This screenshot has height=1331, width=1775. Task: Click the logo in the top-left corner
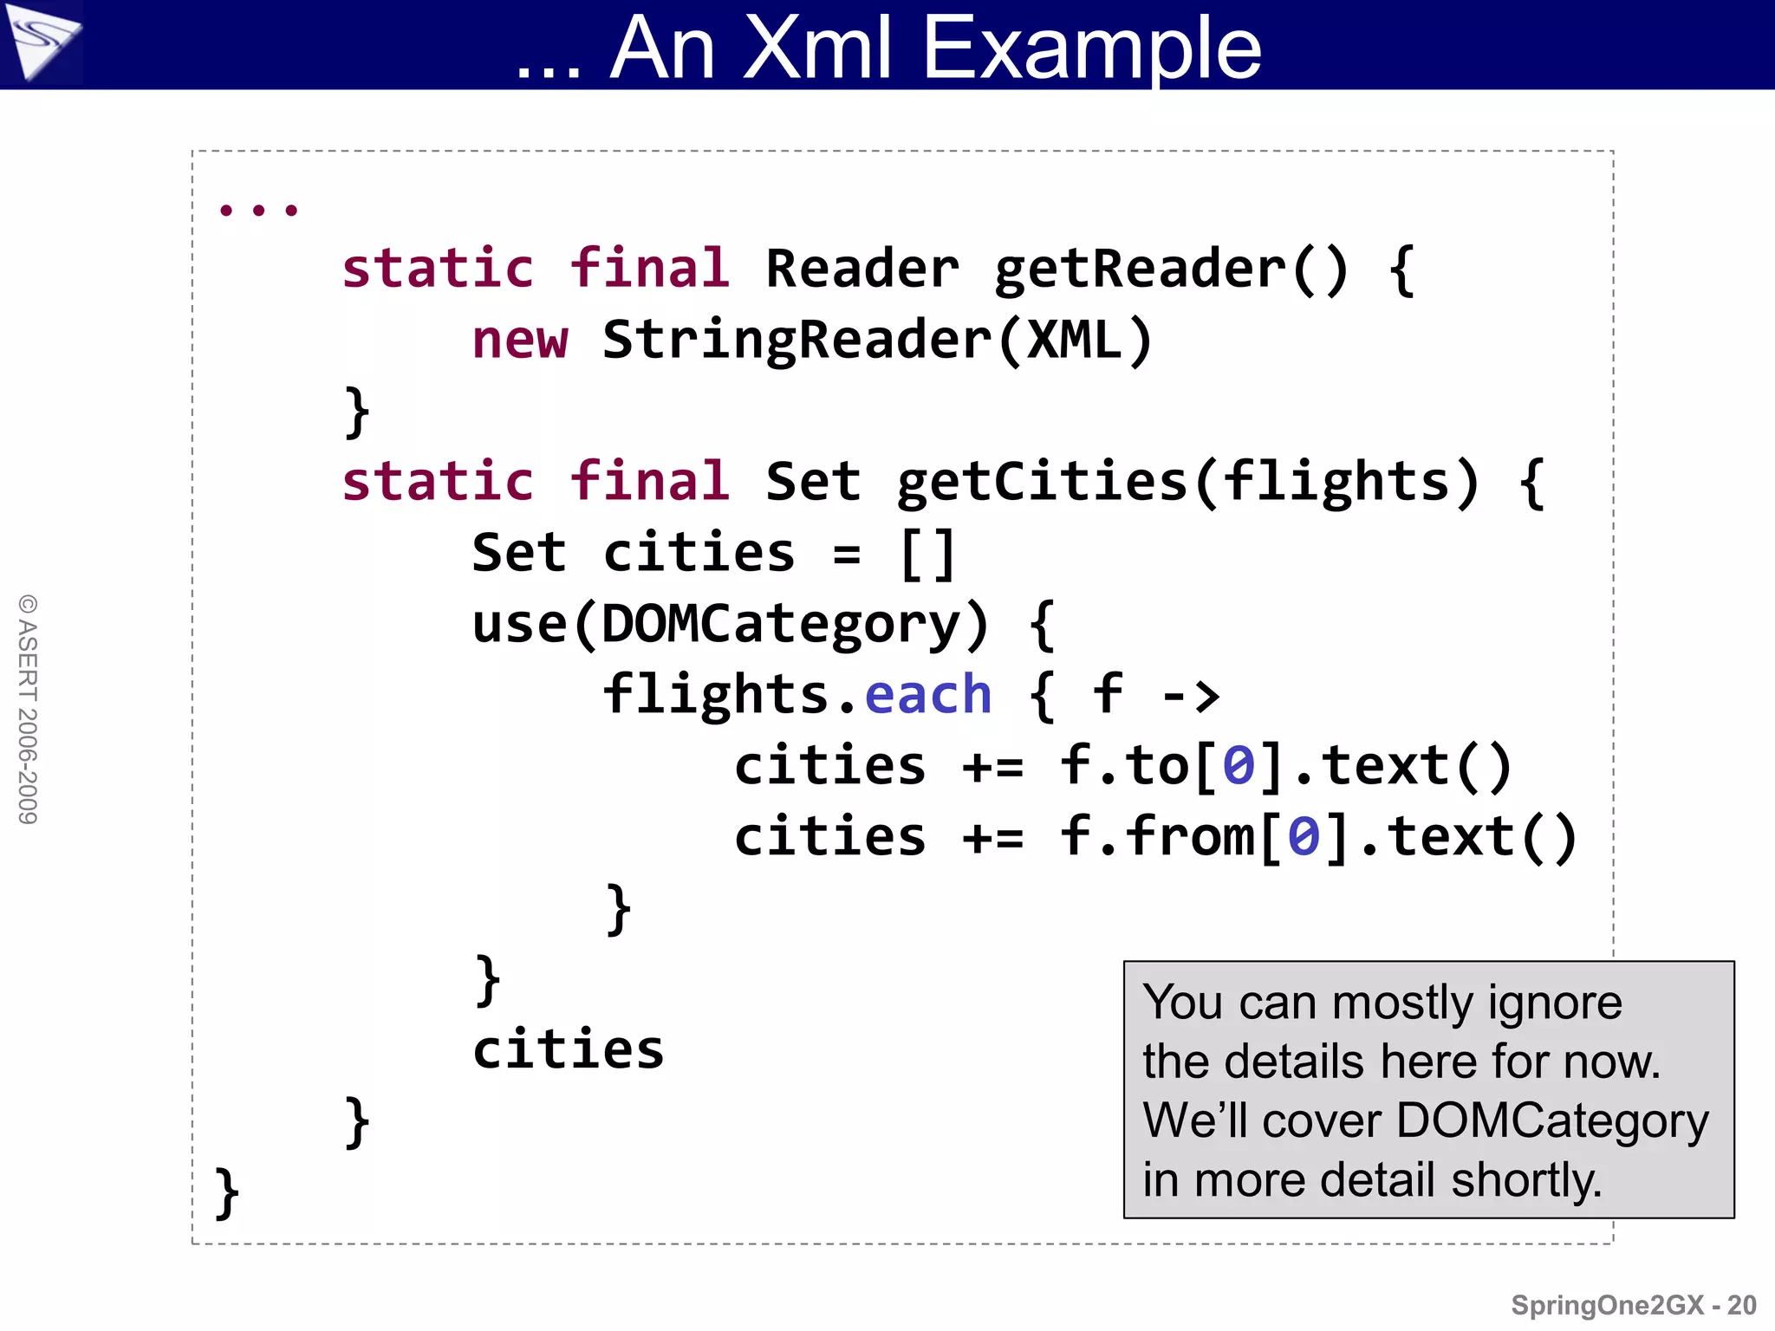click(x=41, y=42)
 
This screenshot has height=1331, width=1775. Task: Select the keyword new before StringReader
click(x=520, y=339)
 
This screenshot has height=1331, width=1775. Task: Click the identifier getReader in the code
click(x=1140, y=269)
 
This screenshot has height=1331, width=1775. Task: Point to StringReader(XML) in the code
click(x=877, y=340)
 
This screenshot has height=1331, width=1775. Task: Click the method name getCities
click(x=1040, y=482)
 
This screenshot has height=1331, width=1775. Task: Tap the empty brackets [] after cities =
click(x=927, y=554)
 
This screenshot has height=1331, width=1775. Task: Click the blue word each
click(x=927, y=695)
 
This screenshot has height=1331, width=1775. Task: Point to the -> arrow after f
click(x=1190, y=695)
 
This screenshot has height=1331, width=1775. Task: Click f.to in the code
click(x=1124, y=766)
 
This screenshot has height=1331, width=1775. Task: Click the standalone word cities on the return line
click(x=568, y=1049)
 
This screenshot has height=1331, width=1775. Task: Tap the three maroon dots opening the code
click(x=258, y=210)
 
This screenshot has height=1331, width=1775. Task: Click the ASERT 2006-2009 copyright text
click(x=28, y=709)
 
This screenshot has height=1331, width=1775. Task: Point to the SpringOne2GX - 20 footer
click(x=1633, y=1305)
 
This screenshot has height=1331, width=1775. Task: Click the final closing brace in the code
click(x=226, y=1192)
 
